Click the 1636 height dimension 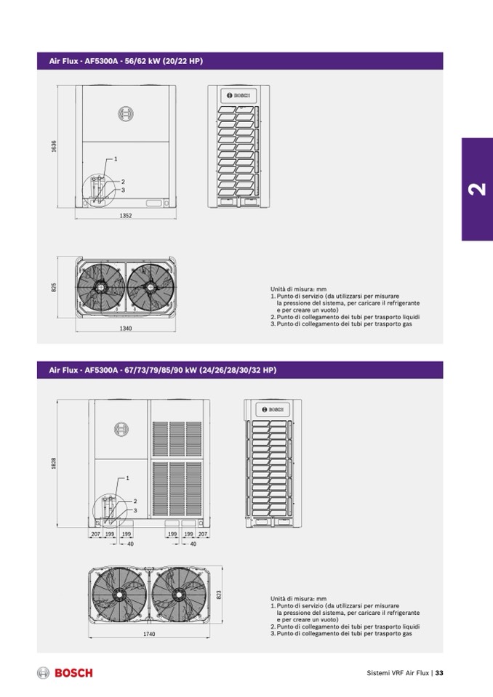pyautogui.click(x=54, y=147)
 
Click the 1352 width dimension pyautogui.click(x=126, y=216)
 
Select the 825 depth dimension pyautogui.click(x=54, y=288)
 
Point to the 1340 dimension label pyautogui.click(x=125, y=329)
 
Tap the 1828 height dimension pyautogui.click(x=54, y=463)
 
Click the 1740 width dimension pyautogui.click(x=149, y=634)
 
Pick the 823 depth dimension pyautogui.click(x=219, y=594)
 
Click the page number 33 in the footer pyautogui.click(x=439, y=673)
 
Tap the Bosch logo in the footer pyautogui.click(x=65, y=673)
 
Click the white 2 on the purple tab pyautogui.click(x=476, y=189)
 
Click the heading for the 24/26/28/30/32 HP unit pyautogui.click(x=163, y=371)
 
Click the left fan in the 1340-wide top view pyautogui.click(x=103, y=287)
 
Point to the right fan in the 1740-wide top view pyautogui.click(x=178, y=592)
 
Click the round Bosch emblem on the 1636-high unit pyautogui.click(x=126, y=113)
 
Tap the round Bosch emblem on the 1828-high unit pyautogui.click(x=121, y=429)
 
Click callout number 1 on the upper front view pyautogui.click(x=116, y=158)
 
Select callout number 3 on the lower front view pyautogui.click(x=135, y=511)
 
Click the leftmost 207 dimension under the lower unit pyautogui.click(x=95, y=534)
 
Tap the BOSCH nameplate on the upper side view pyautogui.click(x=239, y=95)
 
